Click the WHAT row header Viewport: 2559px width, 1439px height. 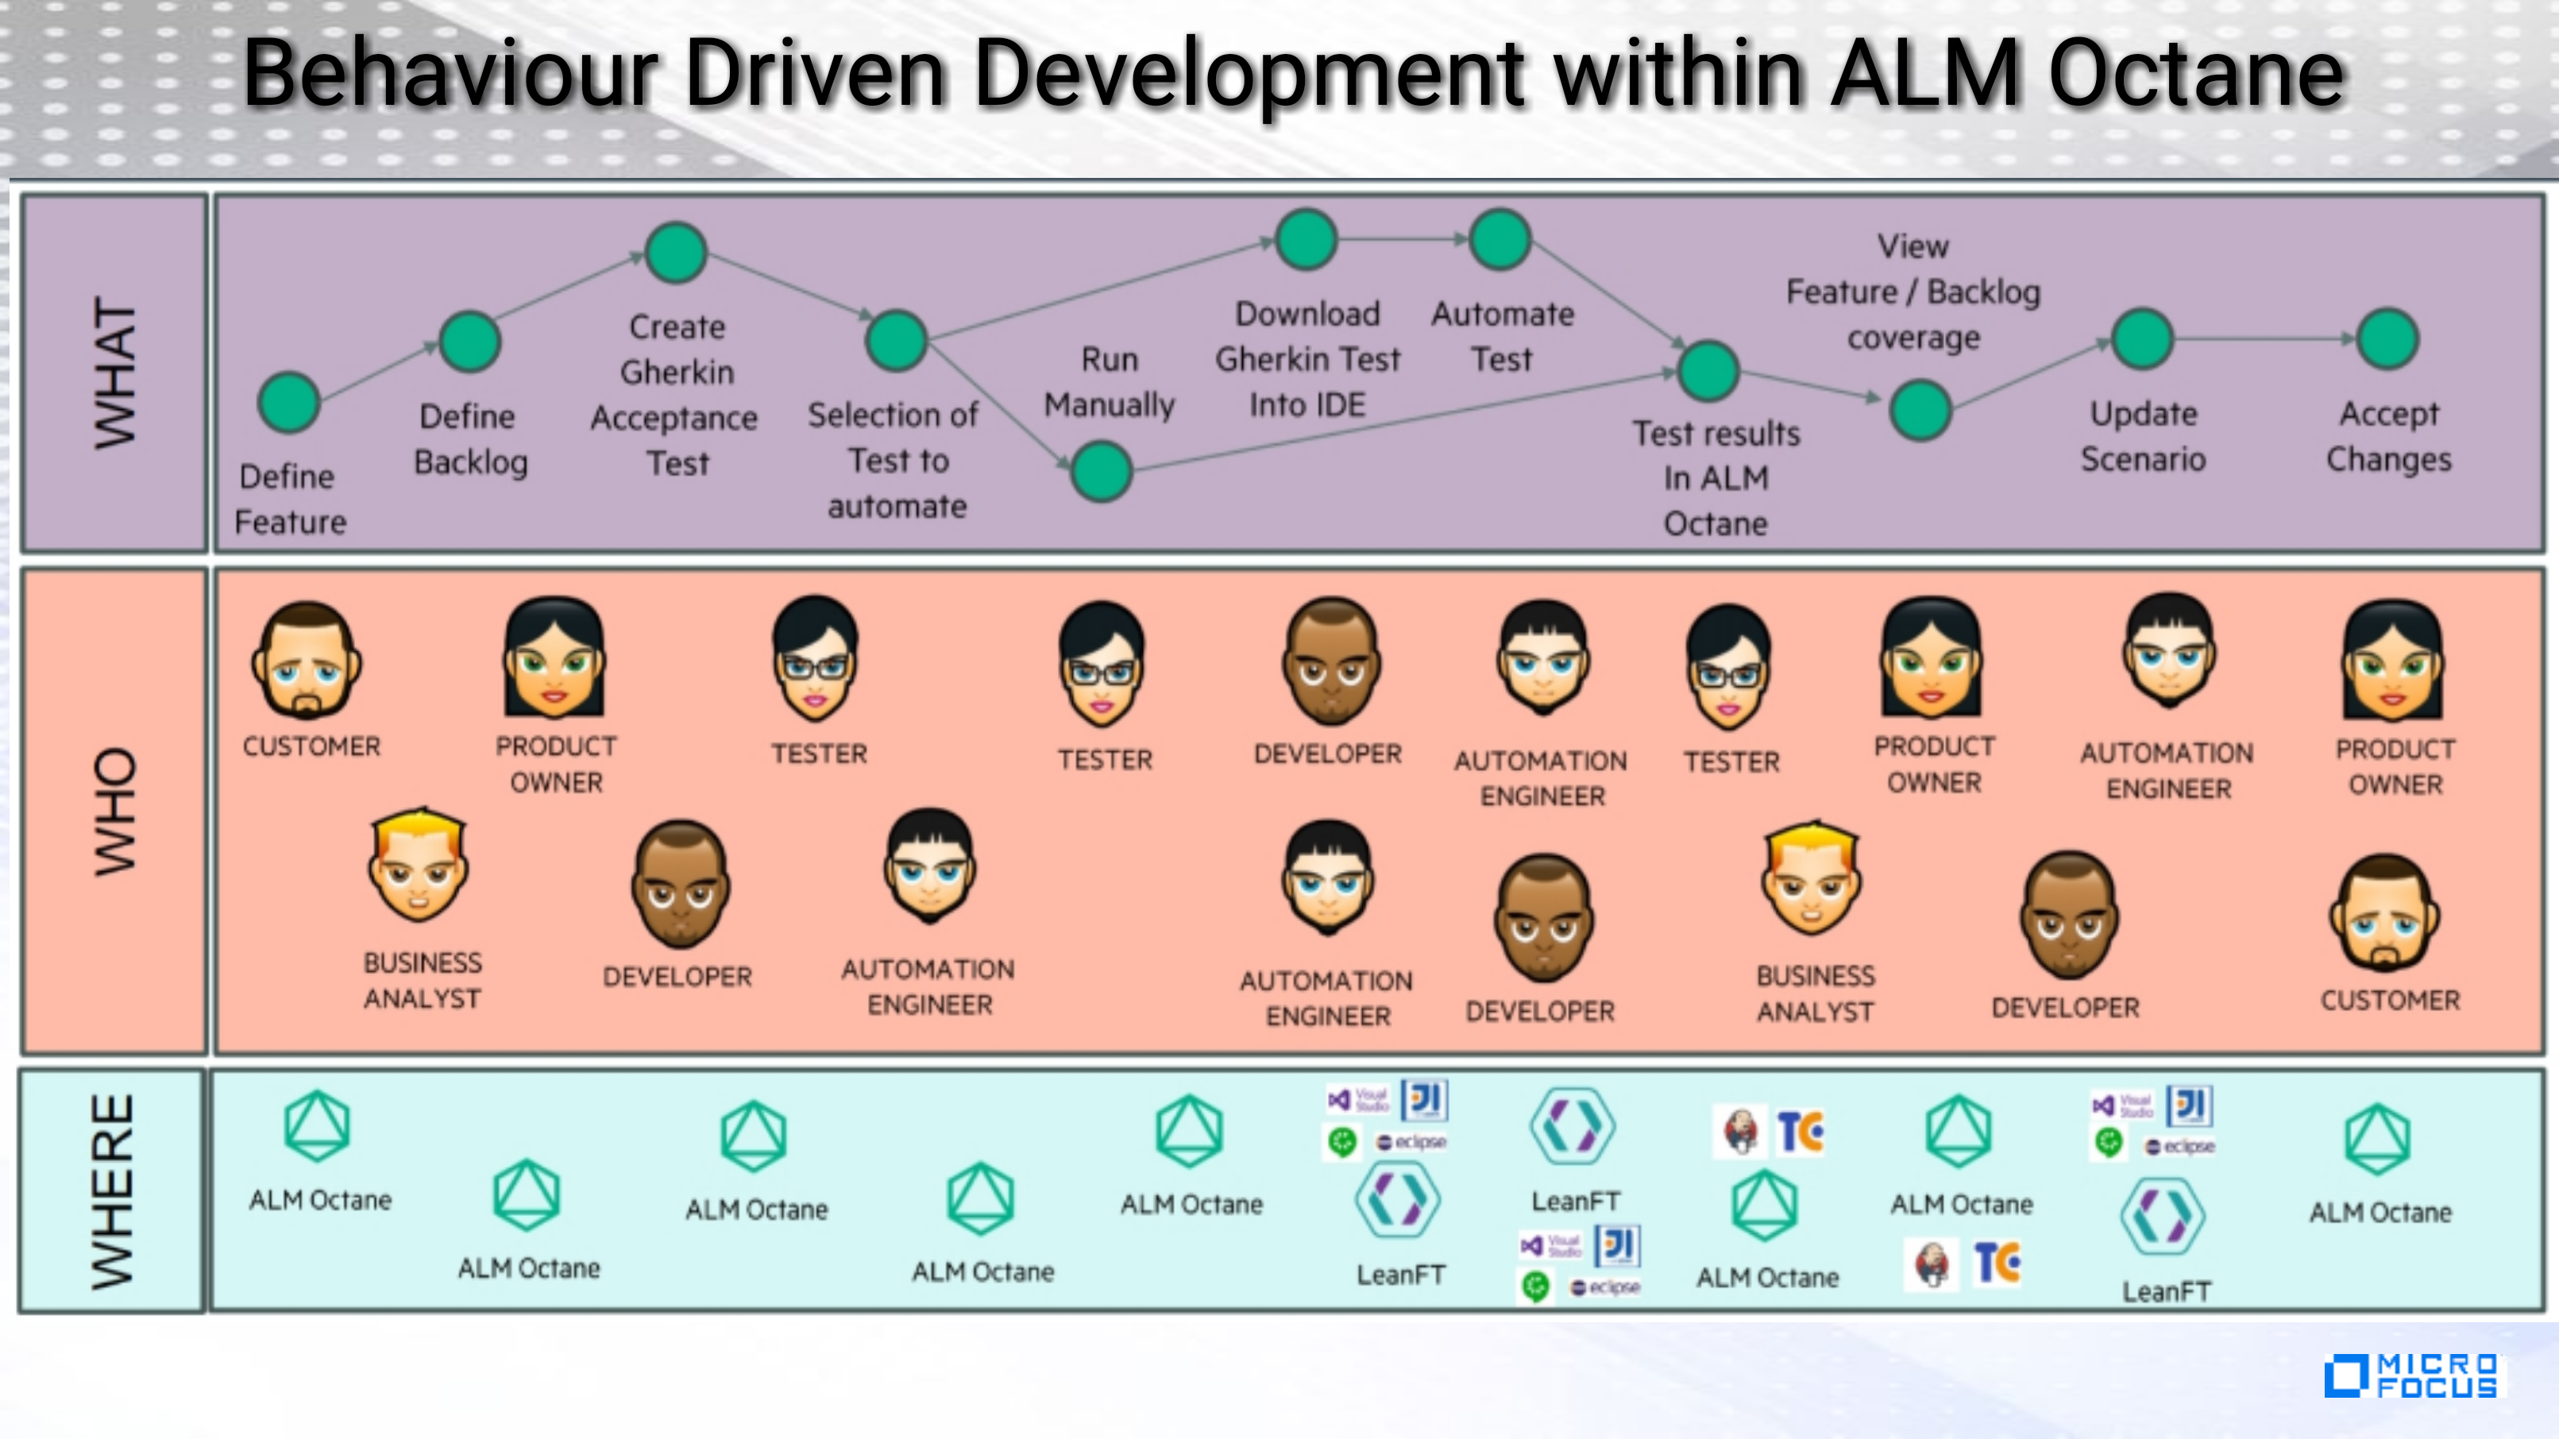click(114, 372)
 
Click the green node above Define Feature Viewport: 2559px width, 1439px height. click(288, 402)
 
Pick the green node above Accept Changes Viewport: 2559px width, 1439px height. click(2387, 338)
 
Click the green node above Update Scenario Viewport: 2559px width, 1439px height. click(2143, 338)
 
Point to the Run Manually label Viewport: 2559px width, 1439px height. click(1110, 382)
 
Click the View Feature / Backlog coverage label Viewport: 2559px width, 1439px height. click(1913, 292)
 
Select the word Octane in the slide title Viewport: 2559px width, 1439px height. click(2196, 74)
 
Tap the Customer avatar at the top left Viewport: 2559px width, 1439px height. click(306, 661)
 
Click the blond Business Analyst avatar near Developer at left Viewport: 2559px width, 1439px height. click(419, 865)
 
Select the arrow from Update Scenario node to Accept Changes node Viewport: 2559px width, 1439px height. click(2265, 338)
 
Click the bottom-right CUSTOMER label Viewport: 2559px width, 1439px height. click(2390, 1000)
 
